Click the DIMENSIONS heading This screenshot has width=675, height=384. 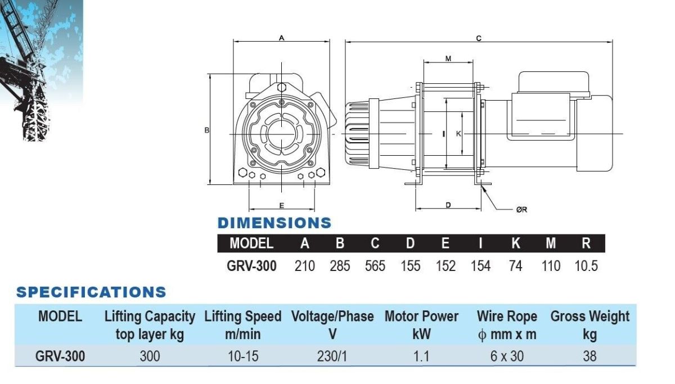coord(274,223)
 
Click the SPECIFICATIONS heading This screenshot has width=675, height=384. coord(91,292)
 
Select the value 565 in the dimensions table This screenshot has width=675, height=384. coord(375,266)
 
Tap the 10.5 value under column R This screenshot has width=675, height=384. coord(586,266)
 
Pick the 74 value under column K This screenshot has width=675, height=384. coord(515,266)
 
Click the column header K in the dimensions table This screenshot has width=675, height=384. coord(516,243)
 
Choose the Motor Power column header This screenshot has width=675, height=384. coord(421,325)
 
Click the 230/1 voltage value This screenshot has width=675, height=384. coord(332,356)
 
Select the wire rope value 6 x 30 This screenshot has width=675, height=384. coord(507,356)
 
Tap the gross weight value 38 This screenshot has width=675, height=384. coord(589,356)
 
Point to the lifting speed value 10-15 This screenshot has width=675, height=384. coord(243,356)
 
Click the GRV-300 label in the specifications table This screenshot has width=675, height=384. coord(60,356)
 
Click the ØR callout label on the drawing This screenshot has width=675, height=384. coord(521,210)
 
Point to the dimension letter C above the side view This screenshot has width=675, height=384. coord(479,38)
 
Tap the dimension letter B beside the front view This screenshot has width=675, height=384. coord(207,130)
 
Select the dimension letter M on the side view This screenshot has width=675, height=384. coord(448,58)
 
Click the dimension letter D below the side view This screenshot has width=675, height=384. coord(448,205)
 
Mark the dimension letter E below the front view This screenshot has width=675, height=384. coord(281,205)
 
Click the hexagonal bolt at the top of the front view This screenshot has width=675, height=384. coord(281,87)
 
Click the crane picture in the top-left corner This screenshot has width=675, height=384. coord(41,71)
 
